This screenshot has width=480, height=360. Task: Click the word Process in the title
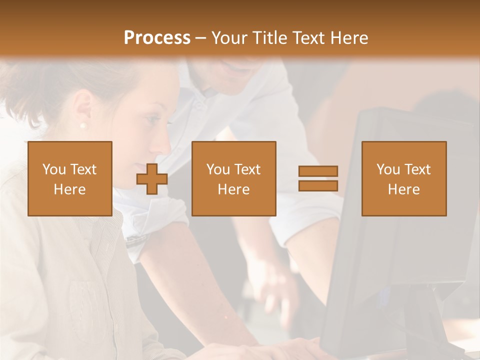(x=157, y=38)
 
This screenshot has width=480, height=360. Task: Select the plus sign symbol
(x=152, y=178)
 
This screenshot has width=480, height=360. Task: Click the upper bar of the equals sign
(x=318, y=171)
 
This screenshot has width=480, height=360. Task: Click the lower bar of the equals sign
(x=318, y=186)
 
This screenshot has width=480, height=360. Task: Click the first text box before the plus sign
(x=70, y=178)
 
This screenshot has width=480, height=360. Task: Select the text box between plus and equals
(x=234, y=178)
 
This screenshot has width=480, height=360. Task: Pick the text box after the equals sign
(x=404, y=178)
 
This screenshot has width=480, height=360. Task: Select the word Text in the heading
(x=310, y=38)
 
